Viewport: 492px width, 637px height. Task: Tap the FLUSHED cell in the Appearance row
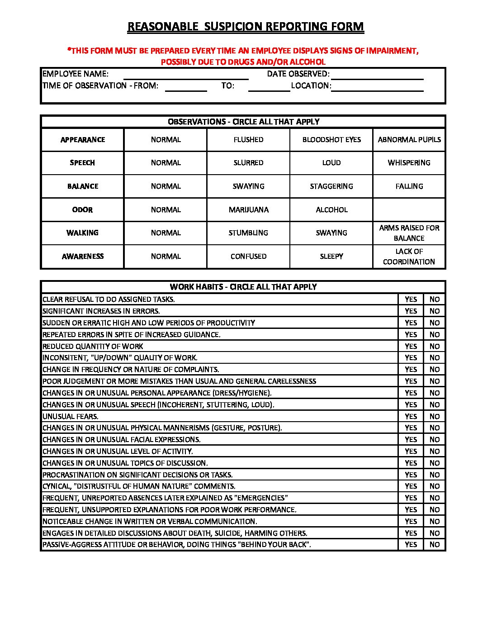[248, 140]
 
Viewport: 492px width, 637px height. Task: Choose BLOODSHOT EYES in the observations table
[331, 140]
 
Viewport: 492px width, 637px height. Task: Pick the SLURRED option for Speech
[248, 163]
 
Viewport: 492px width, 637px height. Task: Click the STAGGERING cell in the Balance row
[331, 186]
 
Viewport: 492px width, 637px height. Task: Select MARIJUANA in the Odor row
[248, 210]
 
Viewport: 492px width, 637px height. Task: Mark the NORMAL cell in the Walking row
[166, 233]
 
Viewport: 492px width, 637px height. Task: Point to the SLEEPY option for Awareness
[331, 257]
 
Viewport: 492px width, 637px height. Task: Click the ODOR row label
[82, 210]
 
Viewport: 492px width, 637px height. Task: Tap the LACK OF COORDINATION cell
[409, 257]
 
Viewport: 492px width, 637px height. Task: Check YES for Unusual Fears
[411, 416]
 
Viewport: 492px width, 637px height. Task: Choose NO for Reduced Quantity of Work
[435, 346]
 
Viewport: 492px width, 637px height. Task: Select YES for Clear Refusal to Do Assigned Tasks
[411, 299]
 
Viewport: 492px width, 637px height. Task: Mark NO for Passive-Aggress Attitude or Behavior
[435, 545]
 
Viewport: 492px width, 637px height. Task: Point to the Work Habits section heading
[243, 287]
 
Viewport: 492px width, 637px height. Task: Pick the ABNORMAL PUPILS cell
[409, 140]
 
